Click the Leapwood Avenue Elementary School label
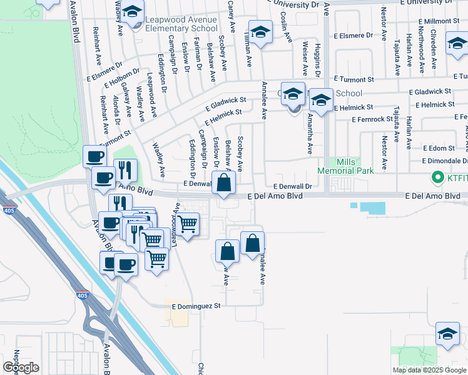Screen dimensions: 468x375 (181, 24)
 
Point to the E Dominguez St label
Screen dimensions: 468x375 (193, 306)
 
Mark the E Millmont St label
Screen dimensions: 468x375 (442, 21)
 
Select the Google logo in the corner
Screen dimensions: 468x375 (21, 367)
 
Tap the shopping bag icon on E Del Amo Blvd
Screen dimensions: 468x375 (223, 184)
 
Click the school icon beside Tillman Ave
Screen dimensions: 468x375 (260, 31)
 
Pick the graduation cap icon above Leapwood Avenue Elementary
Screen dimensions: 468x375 (132, 12)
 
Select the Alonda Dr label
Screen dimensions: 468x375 (116, 110)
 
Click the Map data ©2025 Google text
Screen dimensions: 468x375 (429, 370)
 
